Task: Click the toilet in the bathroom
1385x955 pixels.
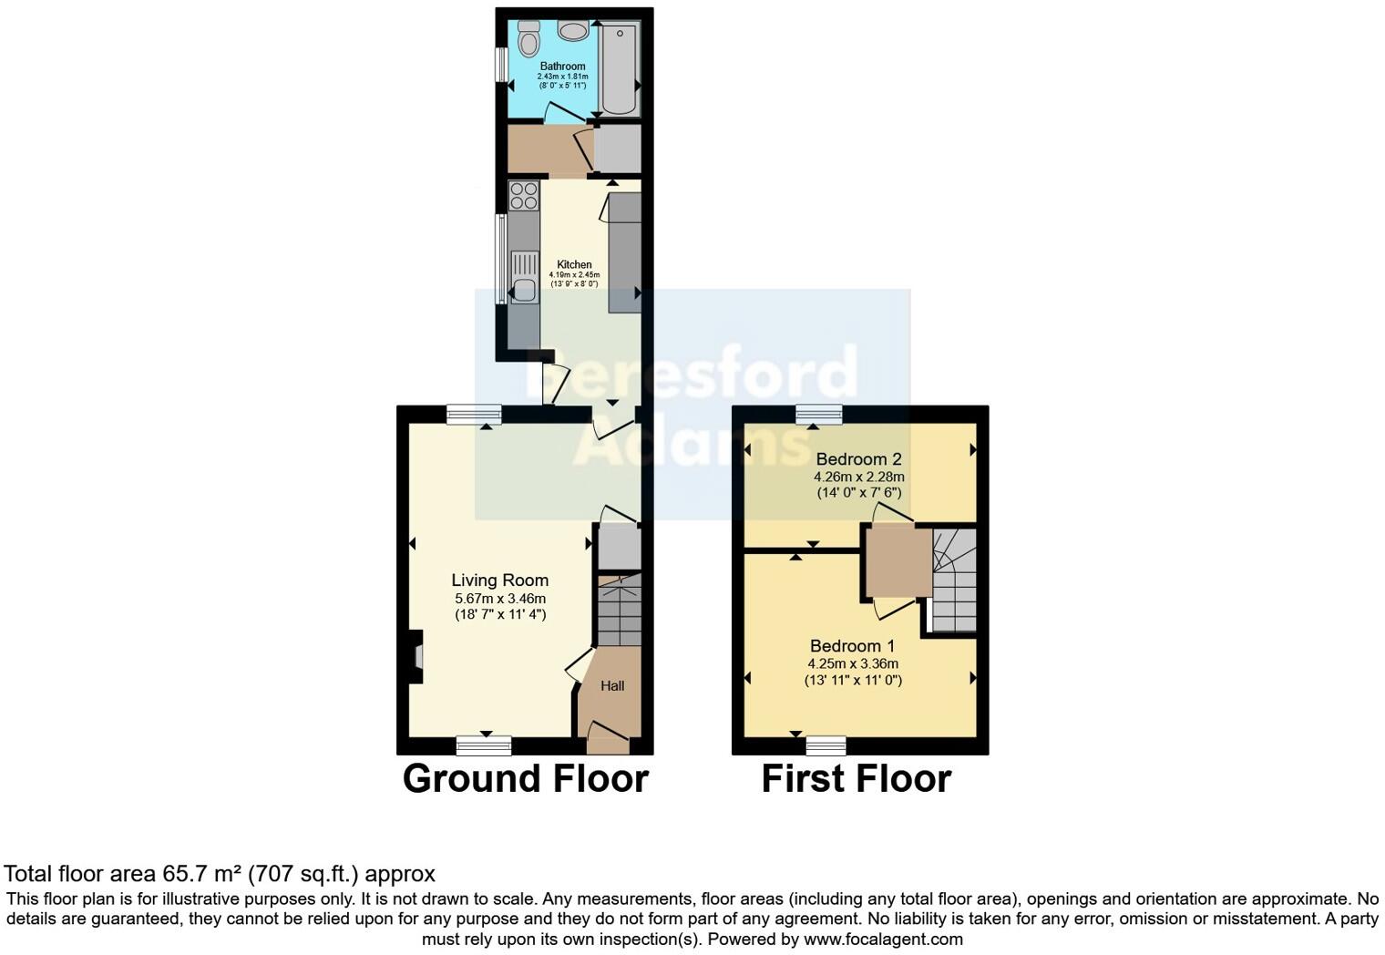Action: click(528, 40)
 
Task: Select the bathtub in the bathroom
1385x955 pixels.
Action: click(620, 70)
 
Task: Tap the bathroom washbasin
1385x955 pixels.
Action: click(573, 32)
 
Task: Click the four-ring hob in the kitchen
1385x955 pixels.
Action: click(523, 196)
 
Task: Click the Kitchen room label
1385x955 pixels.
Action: click(574, 264)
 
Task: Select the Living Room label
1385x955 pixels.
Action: click(500, 580)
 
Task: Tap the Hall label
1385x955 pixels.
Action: click(612, 686)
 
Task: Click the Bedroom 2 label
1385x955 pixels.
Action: click(858, 458)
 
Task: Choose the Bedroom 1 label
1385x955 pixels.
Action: click(852, 646)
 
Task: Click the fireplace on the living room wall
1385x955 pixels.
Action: click(416, 657)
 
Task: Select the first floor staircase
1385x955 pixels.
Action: click(953, 580)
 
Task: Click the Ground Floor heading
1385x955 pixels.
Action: click(525, 779)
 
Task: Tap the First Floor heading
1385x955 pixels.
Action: click(856, 779)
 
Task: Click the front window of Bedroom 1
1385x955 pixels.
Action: click(826, 746)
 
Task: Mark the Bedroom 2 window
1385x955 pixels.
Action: click(818, 416)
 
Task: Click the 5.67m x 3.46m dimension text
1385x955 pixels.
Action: click(500, 599)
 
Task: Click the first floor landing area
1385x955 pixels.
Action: click(897, 560)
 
